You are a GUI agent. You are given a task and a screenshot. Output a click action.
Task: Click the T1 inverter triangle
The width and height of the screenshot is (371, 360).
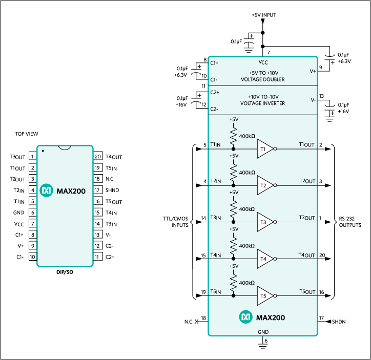tap(264, 149)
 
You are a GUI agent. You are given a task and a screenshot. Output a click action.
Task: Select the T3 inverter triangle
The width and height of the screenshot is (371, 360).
tap(264, 222)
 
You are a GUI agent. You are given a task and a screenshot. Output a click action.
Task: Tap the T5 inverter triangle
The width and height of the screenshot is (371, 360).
tap(264, 296)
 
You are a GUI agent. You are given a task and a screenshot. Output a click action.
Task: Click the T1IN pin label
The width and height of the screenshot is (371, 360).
tap(215, 145)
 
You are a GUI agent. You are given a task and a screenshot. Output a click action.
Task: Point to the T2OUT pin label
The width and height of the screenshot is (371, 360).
tap(307, 181)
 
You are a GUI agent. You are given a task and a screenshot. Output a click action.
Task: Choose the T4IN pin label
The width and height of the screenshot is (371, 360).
tap(215, 255)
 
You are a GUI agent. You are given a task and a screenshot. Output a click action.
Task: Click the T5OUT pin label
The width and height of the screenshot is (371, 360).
tap(307, 292)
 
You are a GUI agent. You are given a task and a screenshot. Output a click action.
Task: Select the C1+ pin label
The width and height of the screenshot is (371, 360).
tap(214, 63)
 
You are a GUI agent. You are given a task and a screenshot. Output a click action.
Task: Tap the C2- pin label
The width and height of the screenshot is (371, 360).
tap(214, 109)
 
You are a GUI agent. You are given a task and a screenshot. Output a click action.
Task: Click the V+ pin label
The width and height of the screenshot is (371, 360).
tap(313, 72)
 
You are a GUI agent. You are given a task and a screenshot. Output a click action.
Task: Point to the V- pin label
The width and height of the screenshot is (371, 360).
tap(313, 100)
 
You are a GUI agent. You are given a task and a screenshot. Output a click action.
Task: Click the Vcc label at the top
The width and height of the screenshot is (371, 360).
tap(263, 62)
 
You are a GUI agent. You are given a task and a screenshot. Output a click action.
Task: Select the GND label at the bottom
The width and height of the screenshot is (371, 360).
tap(263, 332)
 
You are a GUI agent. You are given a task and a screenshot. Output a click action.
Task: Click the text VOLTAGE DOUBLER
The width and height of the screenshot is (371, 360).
tap(263, 80)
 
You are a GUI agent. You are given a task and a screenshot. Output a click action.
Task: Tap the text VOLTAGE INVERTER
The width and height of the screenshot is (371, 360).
tap(263, 103)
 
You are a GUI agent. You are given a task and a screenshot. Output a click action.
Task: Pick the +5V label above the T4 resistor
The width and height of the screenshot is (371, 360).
tap(234, 229)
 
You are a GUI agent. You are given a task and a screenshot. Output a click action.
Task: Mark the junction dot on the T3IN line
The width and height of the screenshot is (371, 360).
tap(234, 222)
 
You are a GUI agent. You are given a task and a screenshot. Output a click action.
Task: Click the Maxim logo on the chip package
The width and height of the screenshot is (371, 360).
tap(46, 191)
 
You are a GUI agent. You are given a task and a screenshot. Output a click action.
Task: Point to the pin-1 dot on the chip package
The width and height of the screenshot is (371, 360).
tap(43, 151)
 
